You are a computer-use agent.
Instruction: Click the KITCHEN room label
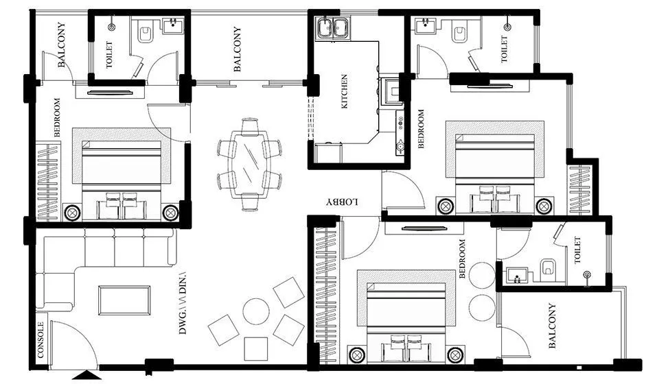(x=345, y=91)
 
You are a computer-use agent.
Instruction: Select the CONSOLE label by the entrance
(x=41, y=341)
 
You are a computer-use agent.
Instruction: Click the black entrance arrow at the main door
(x=86, y=375)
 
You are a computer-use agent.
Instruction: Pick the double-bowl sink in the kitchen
(x=332, y=28)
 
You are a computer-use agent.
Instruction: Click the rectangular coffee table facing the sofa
(x=124, y=300)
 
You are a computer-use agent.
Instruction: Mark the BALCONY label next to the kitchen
(x=237, y=49)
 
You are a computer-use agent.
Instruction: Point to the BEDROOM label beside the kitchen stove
(x=421, y=128)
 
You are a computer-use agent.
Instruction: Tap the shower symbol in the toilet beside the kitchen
(x=507, y=27)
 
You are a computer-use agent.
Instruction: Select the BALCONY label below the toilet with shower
(x=553, y=326)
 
